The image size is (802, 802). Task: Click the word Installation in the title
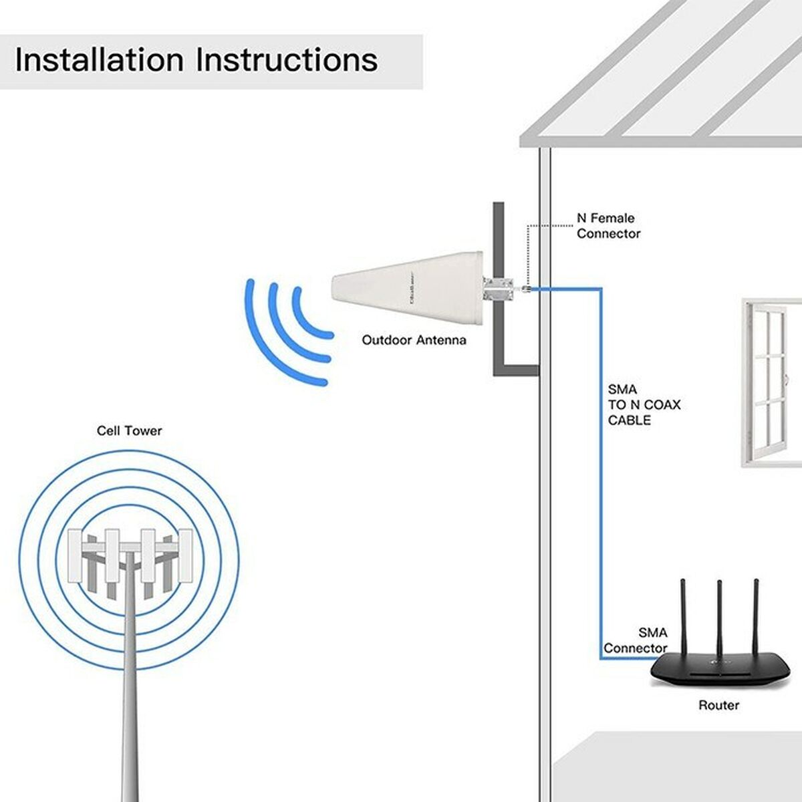point(99,59)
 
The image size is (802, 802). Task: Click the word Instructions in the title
point(287,59)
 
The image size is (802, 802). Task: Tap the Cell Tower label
point(129,431)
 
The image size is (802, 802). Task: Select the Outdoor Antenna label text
point(414,340)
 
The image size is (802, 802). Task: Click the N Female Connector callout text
point(608,226)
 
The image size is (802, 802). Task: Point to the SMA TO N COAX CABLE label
point(634,404)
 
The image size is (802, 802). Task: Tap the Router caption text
point(718,705)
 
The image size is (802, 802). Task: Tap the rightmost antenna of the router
point(757,616)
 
